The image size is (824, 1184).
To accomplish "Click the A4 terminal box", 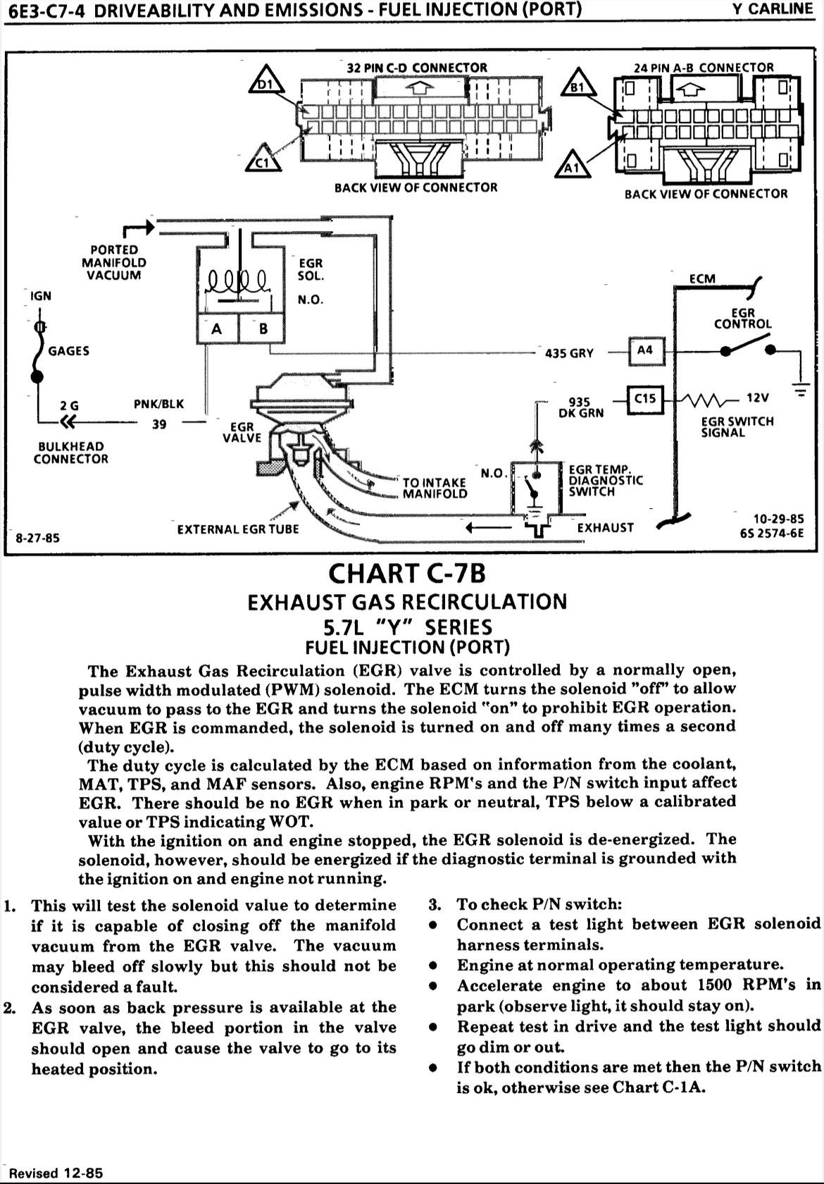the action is click(646, 351).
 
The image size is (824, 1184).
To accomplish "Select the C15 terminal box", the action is click(644, 400).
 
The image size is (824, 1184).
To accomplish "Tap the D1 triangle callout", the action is click(267, 79).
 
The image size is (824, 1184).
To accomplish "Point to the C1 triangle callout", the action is click(263, 158).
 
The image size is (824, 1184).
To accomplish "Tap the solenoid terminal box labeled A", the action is click(217, 328).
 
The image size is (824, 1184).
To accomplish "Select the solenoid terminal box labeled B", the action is click(263, 328).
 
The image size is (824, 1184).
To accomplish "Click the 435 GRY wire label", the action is click(569, 353).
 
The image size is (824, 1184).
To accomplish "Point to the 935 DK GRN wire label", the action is click(580, 407).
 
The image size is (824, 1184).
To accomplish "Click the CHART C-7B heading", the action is click(407, 574).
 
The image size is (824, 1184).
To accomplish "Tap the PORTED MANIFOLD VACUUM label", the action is click(113, 262).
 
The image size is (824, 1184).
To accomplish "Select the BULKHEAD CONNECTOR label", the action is click(70, 453).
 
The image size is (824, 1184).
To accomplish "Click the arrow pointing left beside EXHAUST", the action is click(489, 527).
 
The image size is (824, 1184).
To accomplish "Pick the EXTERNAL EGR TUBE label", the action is click(238, 529).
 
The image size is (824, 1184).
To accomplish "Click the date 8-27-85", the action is click(37, 538).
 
